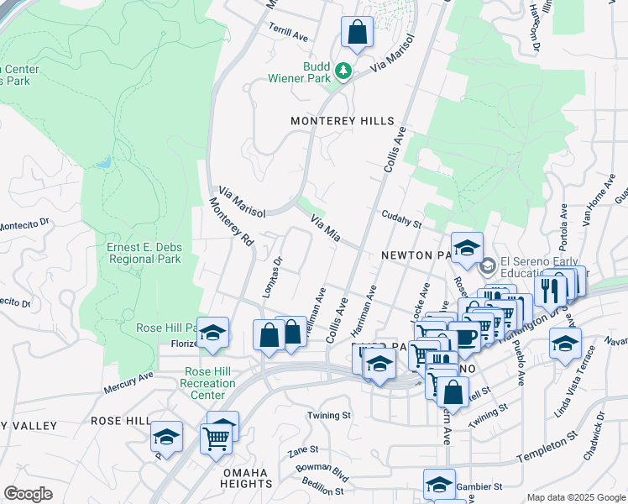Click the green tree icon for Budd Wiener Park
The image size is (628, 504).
343,72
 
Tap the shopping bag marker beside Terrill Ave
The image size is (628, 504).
357,34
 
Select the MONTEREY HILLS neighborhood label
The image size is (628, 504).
342,121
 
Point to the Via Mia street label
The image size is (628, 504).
325,228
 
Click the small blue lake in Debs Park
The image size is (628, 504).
103,162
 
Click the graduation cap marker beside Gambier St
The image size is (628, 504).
439,485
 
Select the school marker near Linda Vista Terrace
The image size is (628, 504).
565,343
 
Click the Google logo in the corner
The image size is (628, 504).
28,493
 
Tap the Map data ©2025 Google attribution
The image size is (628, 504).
576,497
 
